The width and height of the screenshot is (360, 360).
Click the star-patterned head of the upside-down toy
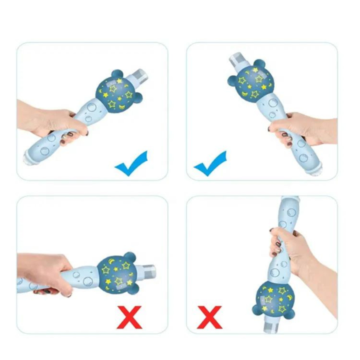[x=274, y=299]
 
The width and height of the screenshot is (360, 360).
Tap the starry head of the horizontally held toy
[x=116, y=272]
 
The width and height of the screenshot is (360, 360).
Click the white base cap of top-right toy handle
[x=317, y=169]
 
